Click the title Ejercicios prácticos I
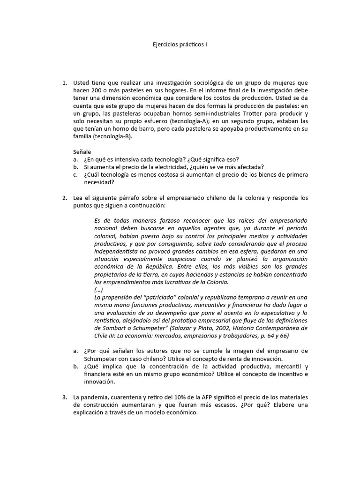tap(180, 45)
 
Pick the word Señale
tap(82, 151)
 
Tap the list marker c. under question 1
tap(75, 175)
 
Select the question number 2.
tap(65, 198)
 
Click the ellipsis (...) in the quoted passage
tap(99, 289)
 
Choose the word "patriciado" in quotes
tap(152, 297)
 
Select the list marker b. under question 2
tap(75, 367)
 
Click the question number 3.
tap(65, 397)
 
